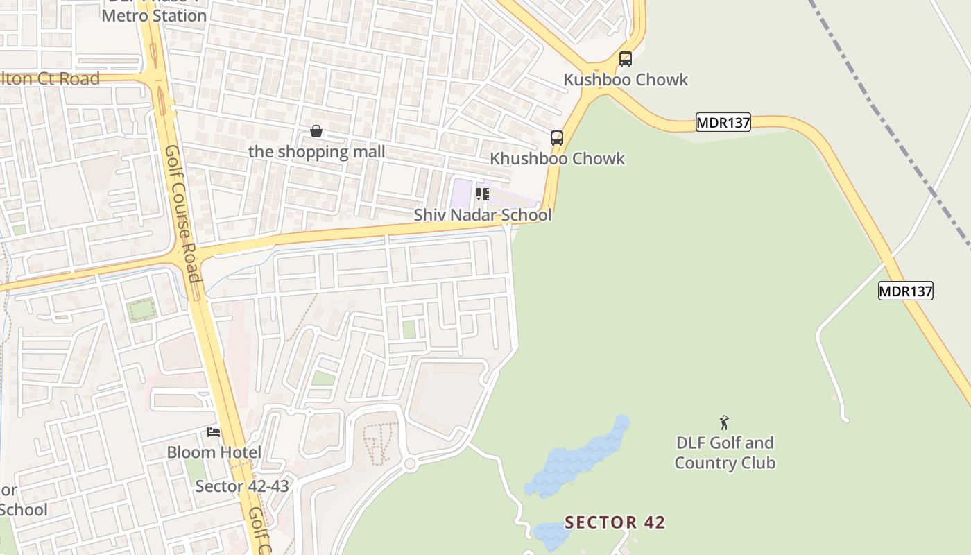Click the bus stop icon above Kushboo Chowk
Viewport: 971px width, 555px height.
pyautogui.click(x=625, y=59)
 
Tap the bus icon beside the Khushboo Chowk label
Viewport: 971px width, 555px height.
pyautogui.click(x=556, y=138)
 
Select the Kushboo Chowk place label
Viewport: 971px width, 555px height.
pyautogui.click(x=626, y=80)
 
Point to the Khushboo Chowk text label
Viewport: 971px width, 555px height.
pyautogui.click(x=557, y=159)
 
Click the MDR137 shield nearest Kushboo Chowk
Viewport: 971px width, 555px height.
pyautogui.click(x=723, y=123)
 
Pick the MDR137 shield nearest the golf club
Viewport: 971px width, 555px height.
pyautogui.click(x=906, y=291)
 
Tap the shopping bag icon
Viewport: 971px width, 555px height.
pyautogui.click(x=316, y=131)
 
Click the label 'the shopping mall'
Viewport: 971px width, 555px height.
pyautogui.click(x=316, y=152)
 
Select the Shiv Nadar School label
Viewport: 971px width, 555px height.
pyautogui.click(x=483, y=215)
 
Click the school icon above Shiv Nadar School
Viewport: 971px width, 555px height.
pyautogui.click(x=482, y=194)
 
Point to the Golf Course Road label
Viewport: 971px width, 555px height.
pyautogui.click(x=183, y=214)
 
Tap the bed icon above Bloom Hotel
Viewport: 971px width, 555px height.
pyautogui.click(x=214, y=432)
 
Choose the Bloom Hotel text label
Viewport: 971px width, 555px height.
pyautogui.click(x=214, y=453)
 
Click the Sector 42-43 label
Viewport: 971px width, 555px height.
pyautogui.click(x=242, y=486)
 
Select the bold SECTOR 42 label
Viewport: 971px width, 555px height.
pyautogui.click(x=615, y=522)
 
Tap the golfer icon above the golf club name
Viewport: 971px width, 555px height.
pyautogui.click(x=725, y=422)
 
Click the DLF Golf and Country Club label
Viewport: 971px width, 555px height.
pyautogui.click(x=725, y=452)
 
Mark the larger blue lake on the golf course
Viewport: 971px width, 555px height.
pyautogui.click(x=576, y=459)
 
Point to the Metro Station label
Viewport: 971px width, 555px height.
pyautogui.click(x=154, y=15)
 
